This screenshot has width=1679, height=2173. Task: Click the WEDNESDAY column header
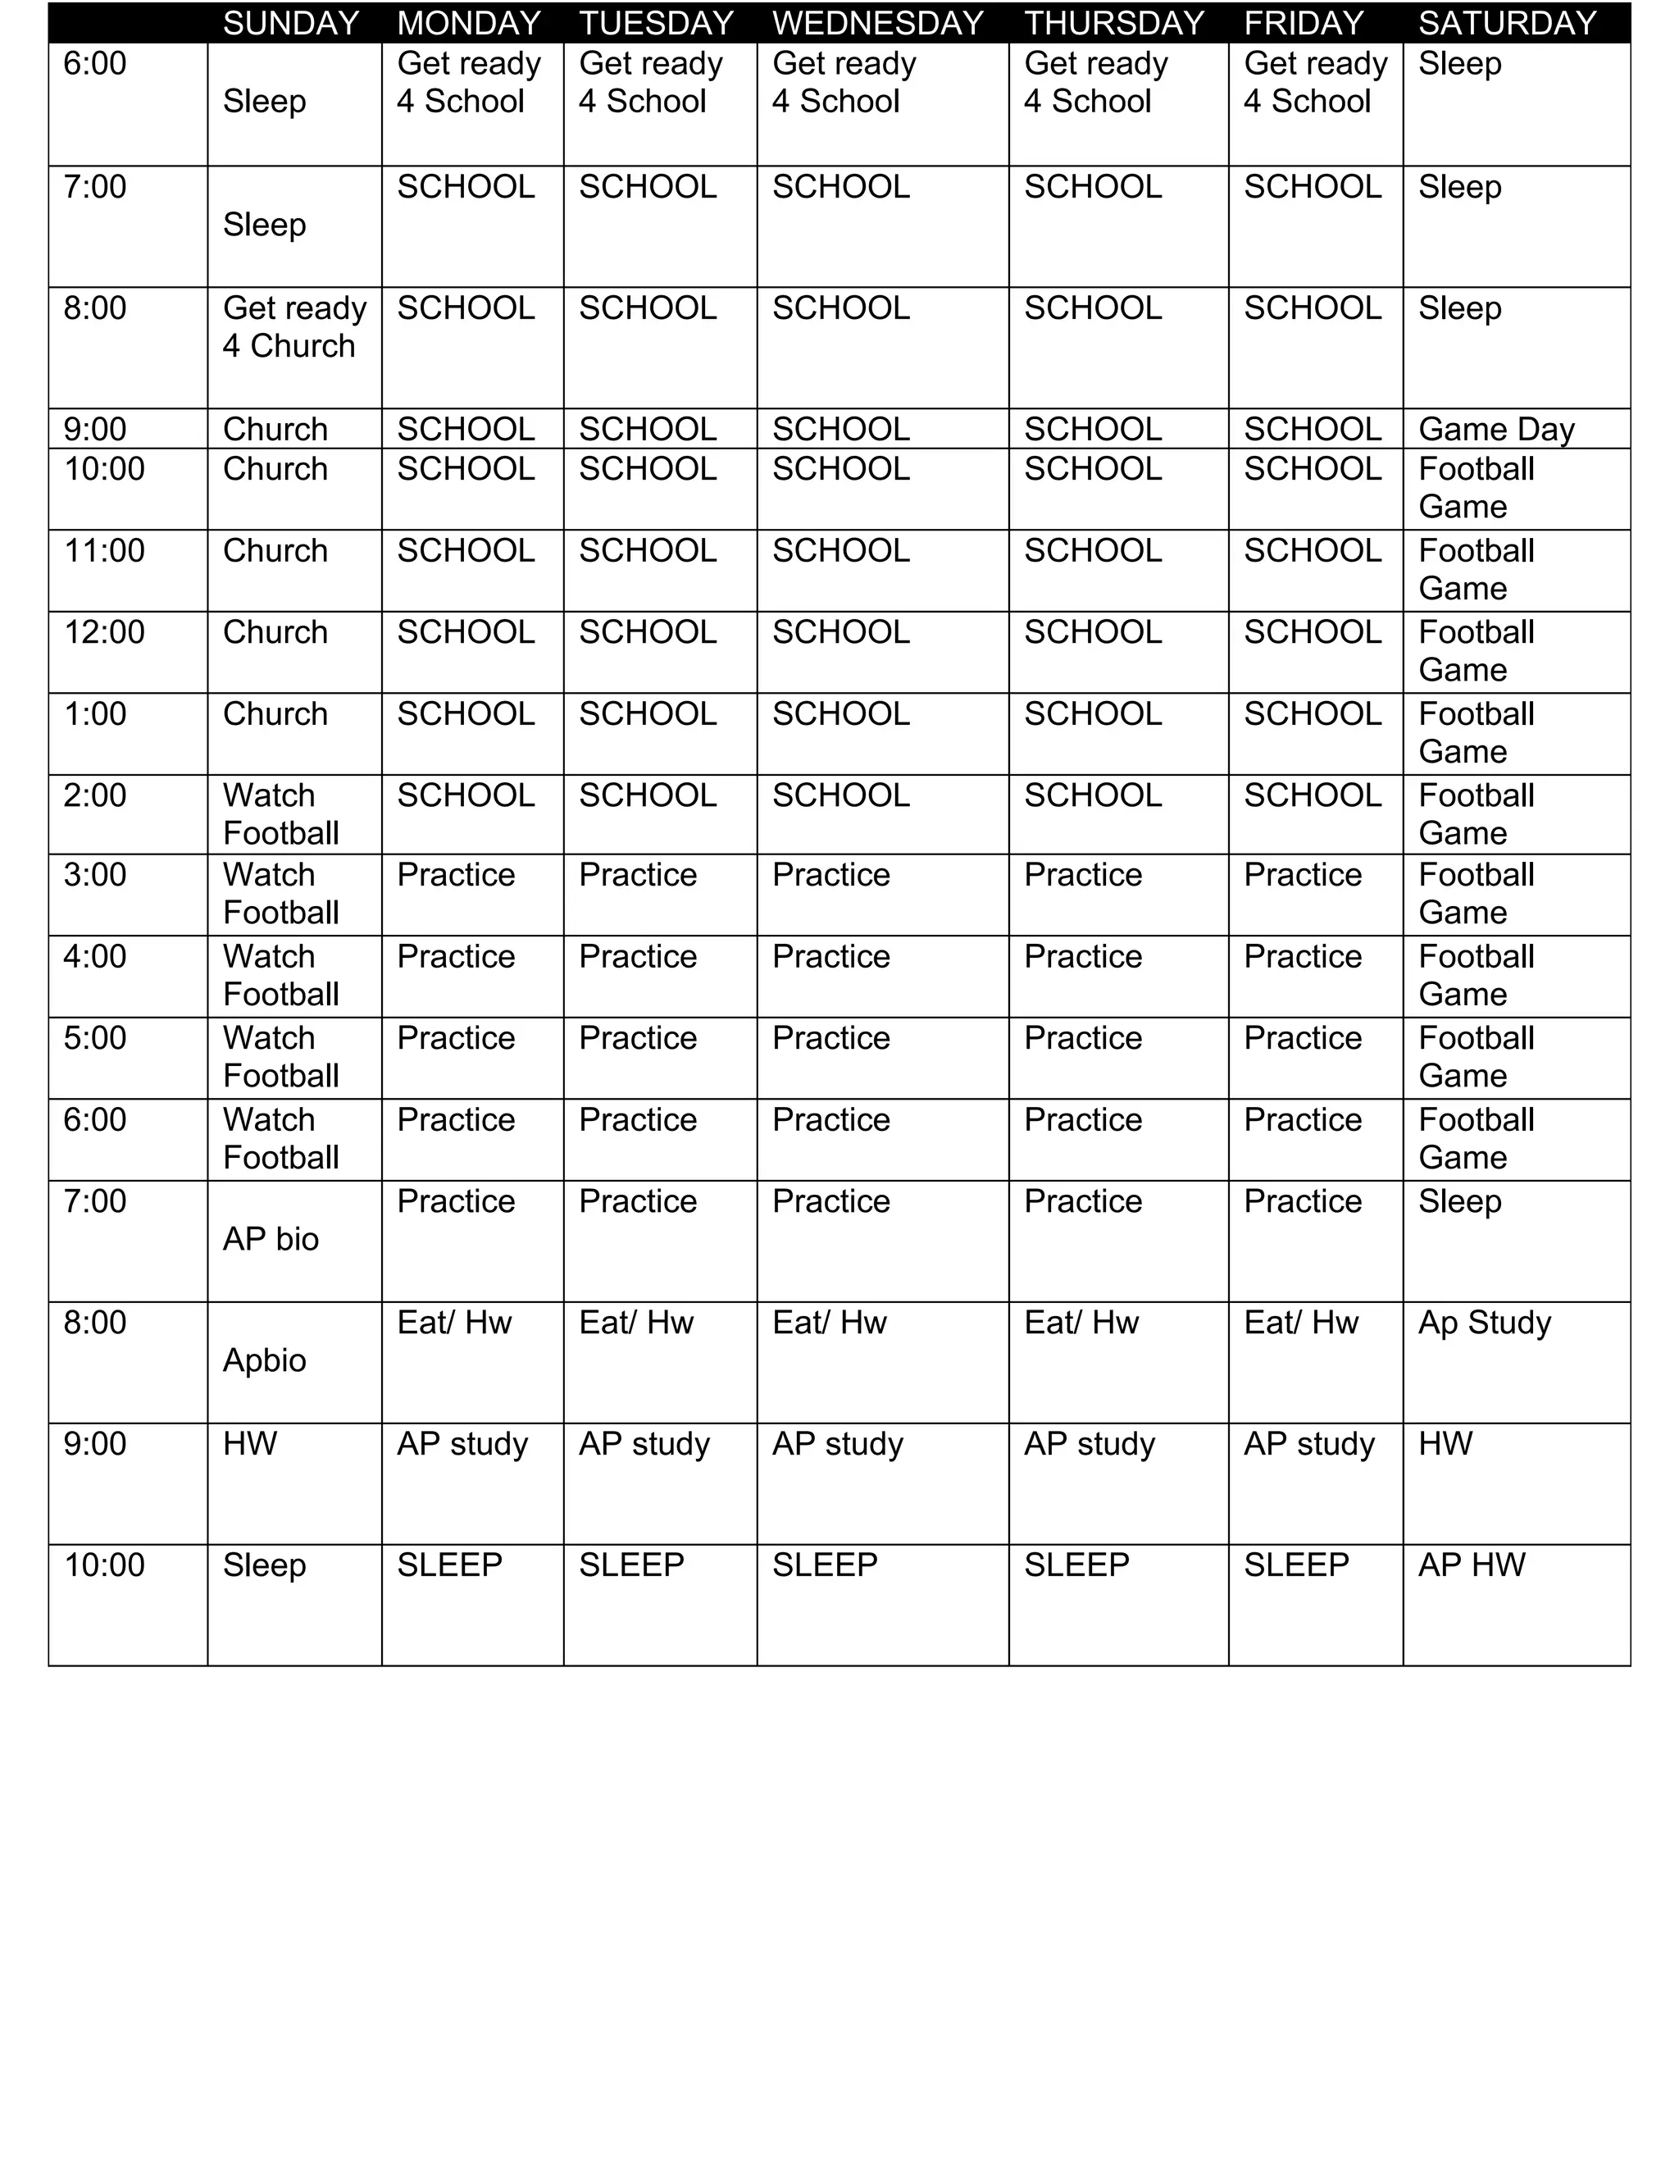click(877, 23)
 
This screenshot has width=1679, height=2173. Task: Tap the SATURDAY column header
click(1507, 23)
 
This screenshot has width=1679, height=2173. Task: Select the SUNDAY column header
click(290, 23)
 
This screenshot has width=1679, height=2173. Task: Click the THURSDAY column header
click(1114, 23)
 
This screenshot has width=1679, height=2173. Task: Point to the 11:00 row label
click(104, 550)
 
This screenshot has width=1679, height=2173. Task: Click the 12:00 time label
click(104, 631)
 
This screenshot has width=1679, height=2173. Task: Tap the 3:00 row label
click(95, 875)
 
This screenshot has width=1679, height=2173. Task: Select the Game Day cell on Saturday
click(1496, 429)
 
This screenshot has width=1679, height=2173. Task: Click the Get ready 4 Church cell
click(293, 327)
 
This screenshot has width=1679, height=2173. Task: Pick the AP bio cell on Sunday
click(271, 1239)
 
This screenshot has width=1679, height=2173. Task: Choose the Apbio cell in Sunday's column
click(265, 1360)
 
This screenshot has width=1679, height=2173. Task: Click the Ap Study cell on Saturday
click(1484, 1323)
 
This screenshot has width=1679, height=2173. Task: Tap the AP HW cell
click(1471, 1565)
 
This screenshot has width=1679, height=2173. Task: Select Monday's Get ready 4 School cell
click(468, 83)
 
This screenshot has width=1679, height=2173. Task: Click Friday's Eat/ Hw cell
click(1300, 1323)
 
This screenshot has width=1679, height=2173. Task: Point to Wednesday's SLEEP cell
click(825, 1565)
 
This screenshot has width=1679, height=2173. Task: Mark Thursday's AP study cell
click(1090, 1444)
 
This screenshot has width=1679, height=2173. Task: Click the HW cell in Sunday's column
click(250, 1444)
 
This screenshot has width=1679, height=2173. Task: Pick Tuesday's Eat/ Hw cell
click(635, 1323)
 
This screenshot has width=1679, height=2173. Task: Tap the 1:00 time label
click(95, 713)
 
